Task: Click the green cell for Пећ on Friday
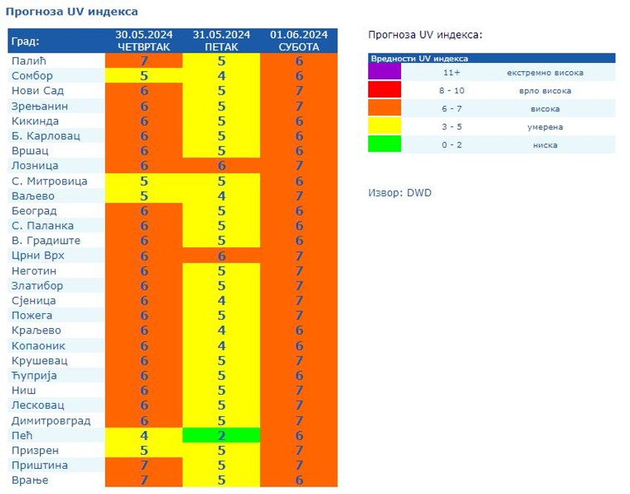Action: pyautogui.click(x=222, y=435)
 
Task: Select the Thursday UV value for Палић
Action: pyautogui.click(x=145, y=61)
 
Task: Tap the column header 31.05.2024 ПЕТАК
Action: pyautogui.click(x=222, y=41)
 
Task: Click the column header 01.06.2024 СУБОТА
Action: pyautogui.click(x=299, y=41)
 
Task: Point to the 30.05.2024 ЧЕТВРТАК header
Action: pyautogui.click(x=145, y=41)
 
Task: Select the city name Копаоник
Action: pyautogui.click(x=39, y=346)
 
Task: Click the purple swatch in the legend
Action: pyautogui.click(x=385, y=73)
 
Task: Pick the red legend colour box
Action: pyautogui.click(x=385, y=90)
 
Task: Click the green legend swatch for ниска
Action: pyautogui.click(x=385, y=144)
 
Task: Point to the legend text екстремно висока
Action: pyautogui.click(x=545, y=73)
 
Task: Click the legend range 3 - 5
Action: pyautogui.click(x=451, y=127)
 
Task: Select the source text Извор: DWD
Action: pyautogui.click(x=399, y=193)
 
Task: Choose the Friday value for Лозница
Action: pyautogui.click(x=222, y=165)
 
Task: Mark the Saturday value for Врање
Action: pyautogui.click(x=299, y=480)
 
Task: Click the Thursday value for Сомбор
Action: pyautogui.click(x=145, y=76)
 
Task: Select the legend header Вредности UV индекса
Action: pyautogui.click(x=420, y=59)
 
